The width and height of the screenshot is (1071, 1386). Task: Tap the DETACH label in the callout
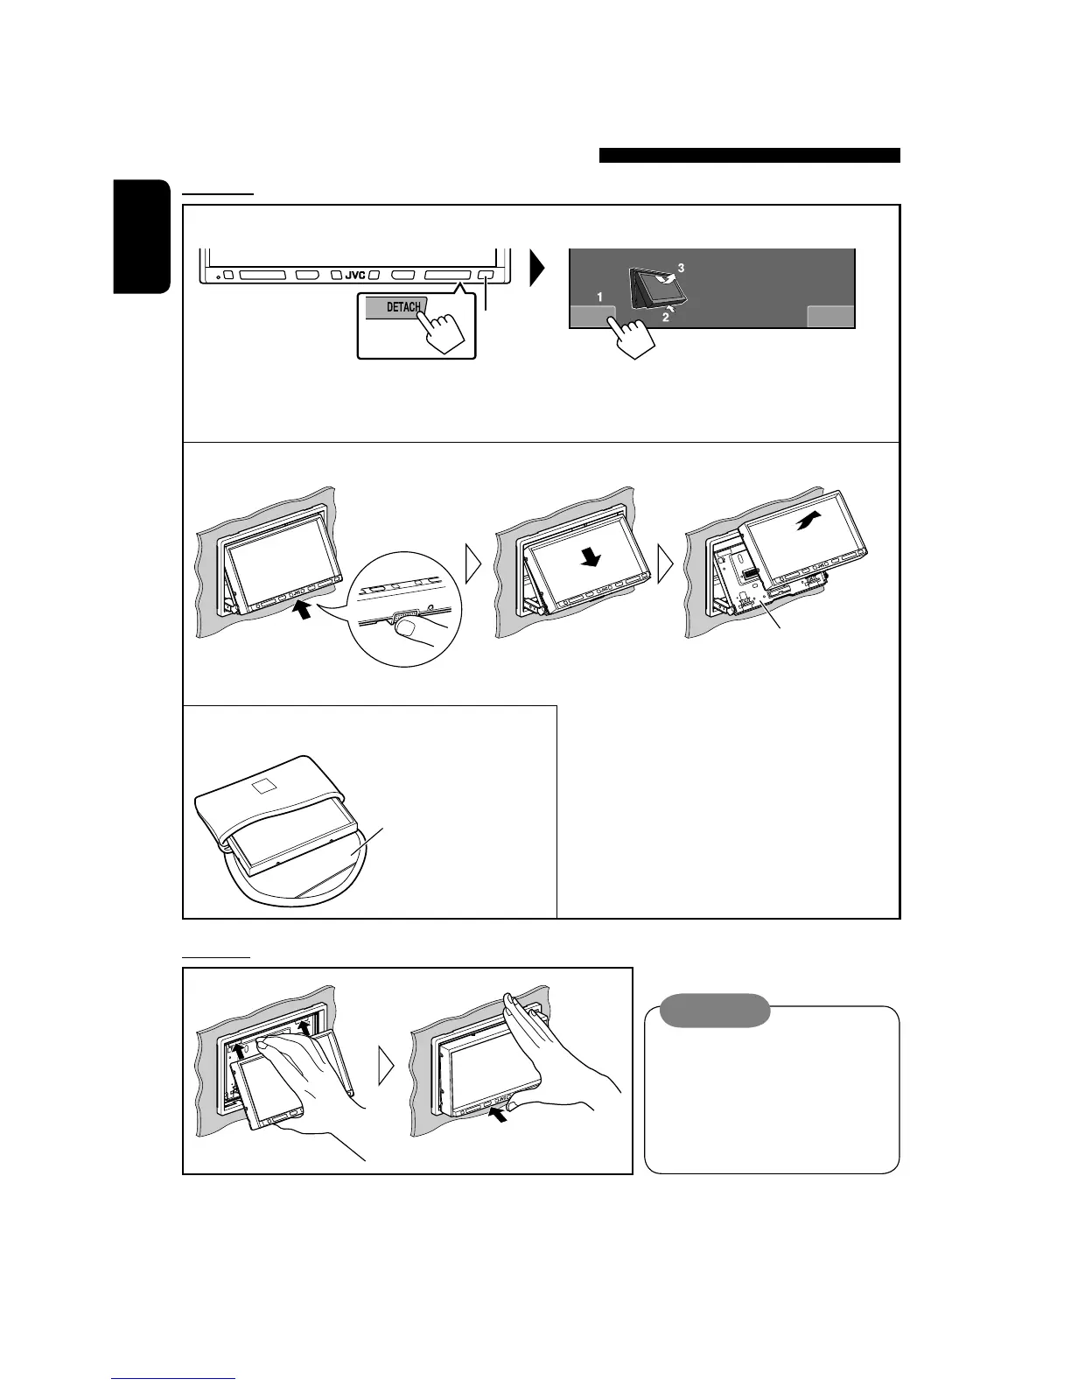coord(402,307)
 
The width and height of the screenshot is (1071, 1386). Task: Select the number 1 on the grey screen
coord(599,297)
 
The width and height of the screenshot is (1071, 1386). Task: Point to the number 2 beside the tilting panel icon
coord(666,318)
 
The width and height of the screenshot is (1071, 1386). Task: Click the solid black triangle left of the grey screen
coord(537,269)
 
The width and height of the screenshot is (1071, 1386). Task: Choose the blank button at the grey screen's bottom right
coord(829,316)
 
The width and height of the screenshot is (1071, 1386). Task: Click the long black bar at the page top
coord(750,156)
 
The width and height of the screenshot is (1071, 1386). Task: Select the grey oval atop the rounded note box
coord(715,1011)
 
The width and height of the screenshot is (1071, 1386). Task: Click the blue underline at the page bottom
coord(174,1379)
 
